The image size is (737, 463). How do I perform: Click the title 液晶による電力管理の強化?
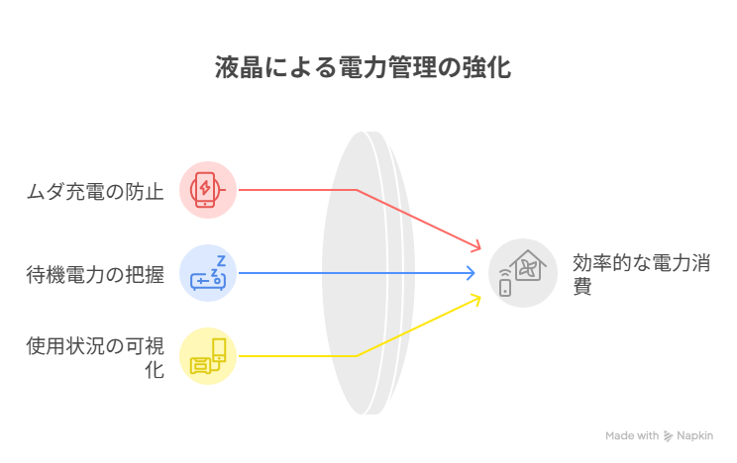[363, 67]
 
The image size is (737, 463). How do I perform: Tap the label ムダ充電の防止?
[95, 192]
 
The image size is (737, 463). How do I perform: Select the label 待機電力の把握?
[95, 275]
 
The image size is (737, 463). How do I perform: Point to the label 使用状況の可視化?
[95, 357]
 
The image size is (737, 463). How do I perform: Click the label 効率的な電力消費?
[641, 274]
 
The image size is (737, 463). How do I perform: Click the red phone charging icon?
[207, 190]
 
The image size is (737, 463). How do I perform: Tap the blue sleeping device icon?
[207, 273]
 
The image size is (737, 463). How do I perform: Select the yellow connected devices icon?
[207, 356]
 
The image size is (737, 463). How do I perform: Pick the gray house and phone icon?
[523, 273]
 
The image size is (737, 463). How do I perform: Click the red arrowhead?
[476, 245]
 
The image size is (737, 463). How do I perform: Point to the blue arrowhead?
[470, 273]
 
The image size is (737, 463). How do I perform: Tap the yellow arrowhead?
[476, 301]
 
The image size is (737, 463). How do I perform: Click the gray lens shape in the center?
[368, 273]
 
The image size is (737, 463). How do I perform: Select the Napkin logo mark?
[668, 436]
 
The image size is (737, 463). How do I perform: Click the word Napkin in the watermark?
[694, 435]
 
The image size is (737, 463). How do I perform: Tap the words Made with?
[632, 435]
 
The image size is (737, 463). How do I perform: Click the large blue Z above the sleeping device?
[221, 260]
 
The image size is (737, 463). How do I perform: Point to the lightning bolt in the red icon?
[205, 187]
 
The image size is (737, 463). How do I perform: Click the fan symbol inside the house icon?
[528, 269]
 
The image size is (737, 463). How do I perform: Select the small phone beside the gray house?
[505, 287]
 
